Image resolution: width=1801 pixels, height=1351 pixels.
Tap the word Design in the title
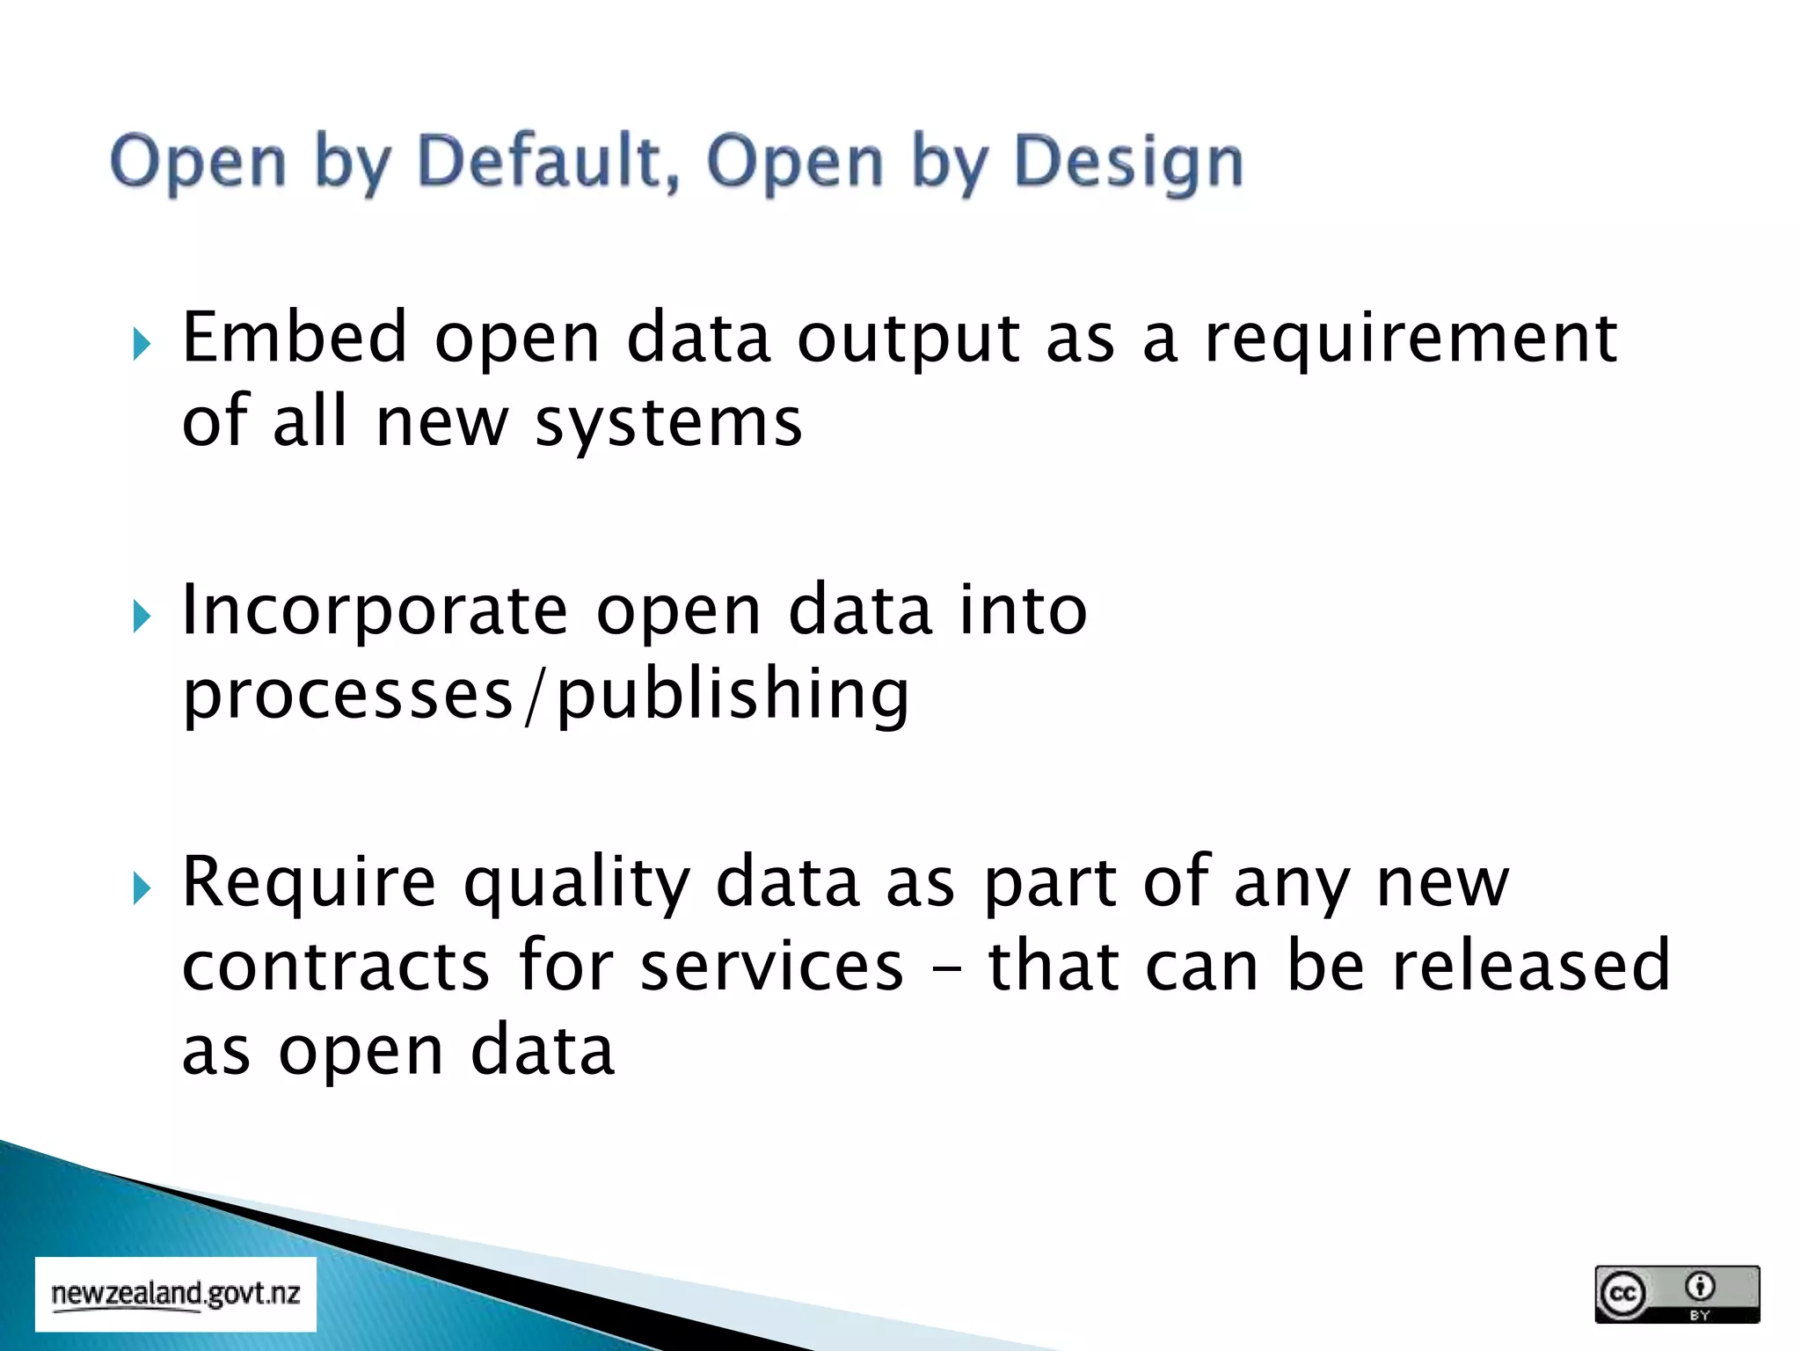click(x=1128, y=163)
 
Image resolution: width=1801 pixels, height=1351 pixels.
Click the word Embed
click(x=295, y=337)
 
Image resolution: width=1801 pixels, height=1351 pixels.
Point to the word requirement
click(x=1410, y=339)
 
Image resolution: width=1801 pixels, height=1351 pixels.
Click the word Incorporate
click(x=375, y=610)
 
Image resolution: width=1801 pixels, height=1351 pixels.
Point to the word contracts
click(x=335, y=966)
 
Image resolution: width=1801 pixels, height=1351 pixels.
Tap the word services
click(x=771, y=966)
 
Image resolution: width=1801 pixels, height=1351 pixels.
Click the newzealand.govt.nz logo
click(x=176, y=1294)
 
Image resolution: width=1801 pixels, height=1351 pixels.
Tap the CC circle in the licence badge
click(x=1622, y=1294)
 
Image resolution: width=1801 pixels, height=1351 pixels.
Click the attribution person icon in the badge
click(x=1700, y=1287)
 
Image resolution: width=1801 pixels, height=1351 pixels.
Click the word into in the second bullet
click(x=1023, y=610)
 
